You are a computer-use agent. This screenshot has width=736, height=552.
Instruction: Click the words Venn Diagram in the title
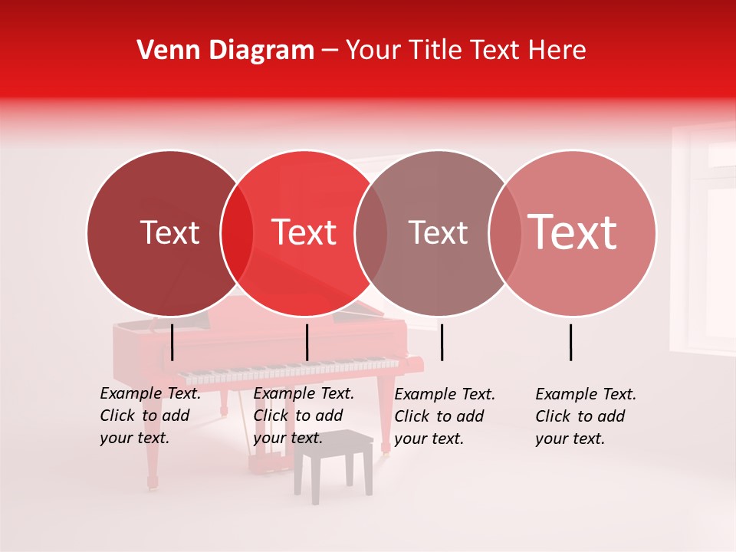tap(225, 51)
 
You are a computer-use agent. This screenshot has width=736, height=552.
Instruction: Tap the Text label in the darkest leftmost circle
tap(169, 232)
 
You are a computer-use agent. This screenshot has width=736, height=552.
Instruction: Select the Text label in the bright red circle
tap(304, 232)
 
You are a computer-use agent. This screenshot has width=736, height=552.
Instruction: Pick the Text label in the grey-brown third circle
tap(438, 232)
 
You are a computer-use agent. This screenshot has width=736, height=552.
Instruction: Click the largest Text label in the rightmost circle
tap(572, 232)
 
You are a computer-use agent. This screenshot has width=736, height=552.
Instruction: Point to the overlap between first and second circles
tap(237, 233)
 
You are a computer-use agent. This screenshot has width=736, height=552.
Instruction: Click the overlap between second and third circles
tap(371, 233)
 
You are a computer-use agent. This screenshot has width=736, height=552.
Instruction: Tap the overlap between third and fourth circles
tap(504, 233)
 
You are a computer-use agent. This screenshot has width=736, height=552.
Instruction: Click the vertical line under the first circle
tap(172, 342)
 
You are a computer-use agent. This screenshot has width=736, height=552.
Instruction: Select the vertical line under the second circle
tap(307, 342)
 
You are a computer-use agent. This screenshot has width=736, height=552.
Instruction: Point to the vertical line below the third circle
tap(442, 342)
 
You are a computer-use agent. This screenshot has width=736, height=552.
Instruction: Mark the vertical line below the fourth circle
tap(571, 342)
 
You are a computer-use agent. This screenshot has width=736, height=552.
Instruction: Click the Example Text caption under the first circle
tap(149, 416)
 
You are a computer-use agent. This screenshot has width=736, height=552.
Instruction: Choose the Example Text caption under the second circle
tap(303, 416)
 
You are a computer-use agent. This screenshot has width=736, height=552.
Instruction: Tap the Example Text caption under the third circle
tap(444, 416)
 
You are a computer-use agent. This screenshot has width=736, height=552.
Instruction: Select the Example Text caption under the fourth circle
tap(585, 416)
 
